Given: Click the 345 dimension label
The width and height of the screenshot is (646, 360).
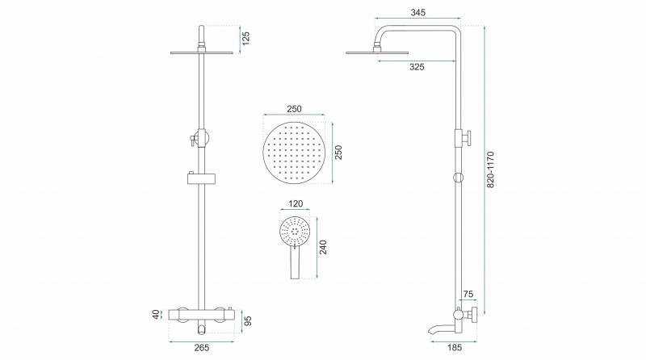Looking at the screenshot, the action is point(417,12).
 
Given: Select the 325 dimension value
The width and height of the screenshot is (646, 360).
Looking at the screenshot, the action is point(417,67).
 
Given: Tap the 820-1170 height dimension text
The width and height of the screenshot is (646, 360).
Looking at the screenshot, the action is point(490,170).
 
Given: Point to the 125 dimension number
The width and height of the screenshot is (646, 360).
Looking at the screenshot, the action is point(245,38).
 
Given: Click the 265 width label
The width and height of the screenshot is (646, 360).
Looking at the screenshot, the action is point(201,348).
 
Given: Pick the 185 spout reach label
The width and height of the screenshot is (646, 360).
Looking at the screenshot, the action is point(455,348).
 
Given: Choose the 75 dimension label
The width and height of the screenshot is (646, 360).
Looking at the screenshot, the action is point(468,294).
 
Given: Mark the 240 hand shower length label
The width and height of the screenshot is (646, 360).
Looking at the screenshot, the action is point(323,247).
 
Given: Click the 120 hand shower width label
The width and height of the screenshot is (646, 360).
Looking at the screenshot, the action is point(296,203).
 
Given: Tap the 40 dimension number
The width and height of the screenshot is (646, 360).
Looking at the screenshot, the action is point(156,315).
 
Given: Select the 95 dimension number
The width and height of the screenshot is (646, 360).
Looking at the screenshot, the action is point(248,321).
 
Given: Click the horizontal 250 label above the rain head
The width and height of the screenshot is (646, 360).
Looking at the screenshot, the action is point(294,109).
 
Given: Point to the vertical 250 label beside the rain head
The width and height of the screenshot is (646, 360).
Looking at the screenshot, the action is point(338,153).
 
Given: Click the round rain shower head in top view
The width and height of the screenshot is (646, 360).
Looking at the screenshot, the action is point(294,153).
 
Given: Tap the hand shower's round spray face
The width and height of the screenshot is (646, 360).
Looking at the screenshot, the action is point(295,232).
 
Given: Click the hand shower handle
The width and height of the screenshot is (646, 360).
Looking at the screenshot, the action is point(295,263).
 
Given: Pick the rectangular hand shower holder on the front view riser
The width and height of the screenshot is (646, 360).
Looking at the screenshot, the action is point(201,178).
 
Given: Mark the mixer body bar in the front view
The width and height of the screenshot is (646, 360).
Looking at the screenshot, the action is point(201,315).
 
